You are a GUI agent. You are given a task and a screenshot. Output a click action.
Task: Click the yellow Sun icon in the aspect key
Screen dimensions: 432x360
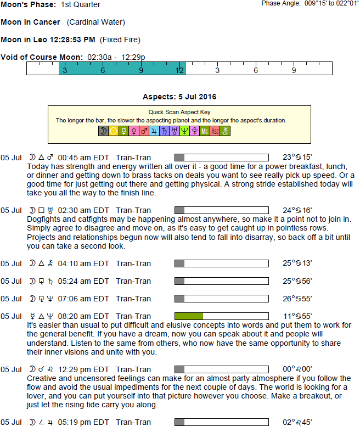(114, 131)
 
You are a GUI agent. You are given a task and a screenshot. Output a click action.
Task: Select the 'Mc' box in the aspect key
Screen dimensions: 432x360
(205, 131)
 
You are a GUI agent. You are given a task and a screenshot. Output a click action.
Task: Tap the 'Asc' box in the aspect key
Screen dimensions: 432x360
(215, 131)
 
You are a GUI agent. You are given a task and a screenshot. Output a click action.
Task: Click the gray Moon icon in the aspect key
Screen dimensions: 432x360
(103, 131)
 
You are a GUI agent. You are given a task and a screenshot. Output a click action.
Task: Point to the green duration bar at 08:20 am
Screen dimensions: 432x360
(189, 316)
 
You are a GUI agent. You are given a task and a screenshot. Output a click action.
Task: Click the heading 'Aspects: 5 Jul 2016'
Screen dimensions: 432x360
(179, 97)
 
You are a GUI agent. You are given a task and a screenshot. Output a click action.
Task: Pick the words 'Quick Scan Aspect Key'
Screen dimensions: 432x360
(179, 112)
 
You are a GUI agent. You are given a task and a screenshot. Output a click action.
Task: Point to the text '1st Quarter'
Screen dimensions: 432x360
(81, 5)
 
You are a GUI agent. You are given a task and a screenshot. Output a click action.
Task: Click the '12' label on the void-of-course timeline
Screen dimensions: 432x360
(179, 71)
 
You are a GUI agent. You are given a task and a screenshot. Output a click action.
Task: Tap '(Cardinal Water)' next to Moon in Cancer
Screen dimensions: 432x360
(96, 23)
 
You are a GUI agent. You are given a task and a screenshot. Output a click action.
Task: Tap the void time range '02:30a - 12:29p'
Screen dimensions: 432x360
(115, 58)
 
